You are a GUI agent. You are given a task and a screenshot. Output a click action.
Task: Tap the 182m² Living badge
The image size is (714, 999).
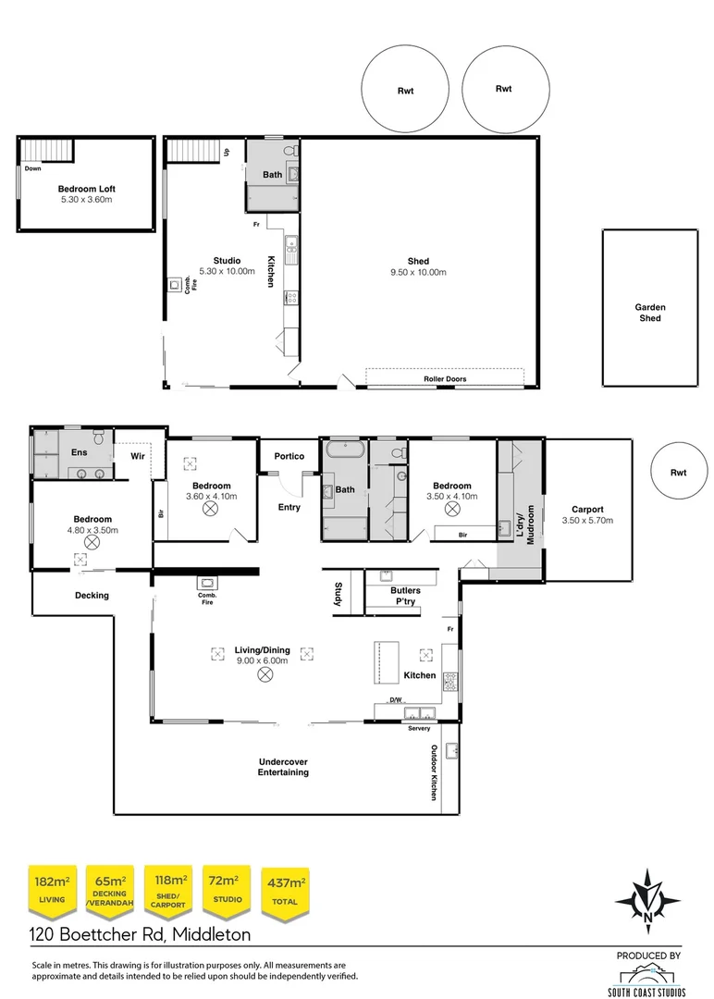coord(52,892)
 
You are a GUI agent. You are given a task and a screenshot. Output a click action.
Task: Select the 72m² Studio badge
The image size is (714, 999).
coord(227,892)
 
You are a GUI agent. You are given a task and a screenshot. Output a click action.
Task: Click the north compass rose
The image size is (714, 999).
coord(647,901)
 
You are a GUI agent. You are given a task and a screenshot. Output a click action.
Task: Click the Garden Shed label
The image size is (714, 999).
coord(649,313)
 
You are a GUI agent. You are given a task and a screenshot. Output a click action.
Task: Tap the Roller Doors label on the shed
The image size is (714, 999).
coord(445,378)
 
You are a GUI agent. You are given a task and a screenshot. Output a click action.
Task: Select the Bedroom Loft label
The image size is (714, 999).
coord(87,189)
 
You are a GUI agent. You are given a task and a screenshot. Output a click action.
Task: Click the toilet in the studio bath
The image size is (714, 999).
coord(290,151)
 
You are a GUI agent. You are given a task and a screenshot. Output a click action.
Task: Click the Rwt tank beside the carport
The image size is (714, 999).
coord(678,471)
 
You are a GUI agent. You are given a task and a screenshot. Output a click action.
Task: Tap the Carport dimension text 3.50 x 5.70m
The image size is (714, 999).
coord(587,521)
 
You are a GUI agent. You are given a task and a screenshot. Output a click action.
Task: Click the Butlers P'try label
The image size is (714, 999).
coord(405,596)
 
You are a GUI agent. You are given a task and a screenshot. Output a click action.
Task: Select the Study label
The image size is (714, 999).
coord(339,594)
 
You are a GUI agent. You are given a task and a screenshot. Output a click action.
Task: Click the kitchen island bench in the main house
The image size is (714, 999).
coord(386,662)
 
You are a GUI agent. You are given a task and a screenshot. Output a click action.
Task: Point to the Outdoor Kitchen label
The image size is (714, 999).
coord(434,772)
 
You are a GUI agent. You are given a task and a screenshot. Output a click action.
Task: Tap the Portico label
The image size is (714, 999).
coord(289,456)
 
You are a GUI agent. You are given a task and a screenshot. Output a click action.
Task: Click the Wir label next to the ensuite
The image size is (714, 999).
coord(138,456)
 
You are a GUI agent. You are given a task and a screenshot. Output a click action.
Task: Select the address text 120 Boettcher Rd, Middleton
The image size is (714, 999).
coord(141,934)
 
